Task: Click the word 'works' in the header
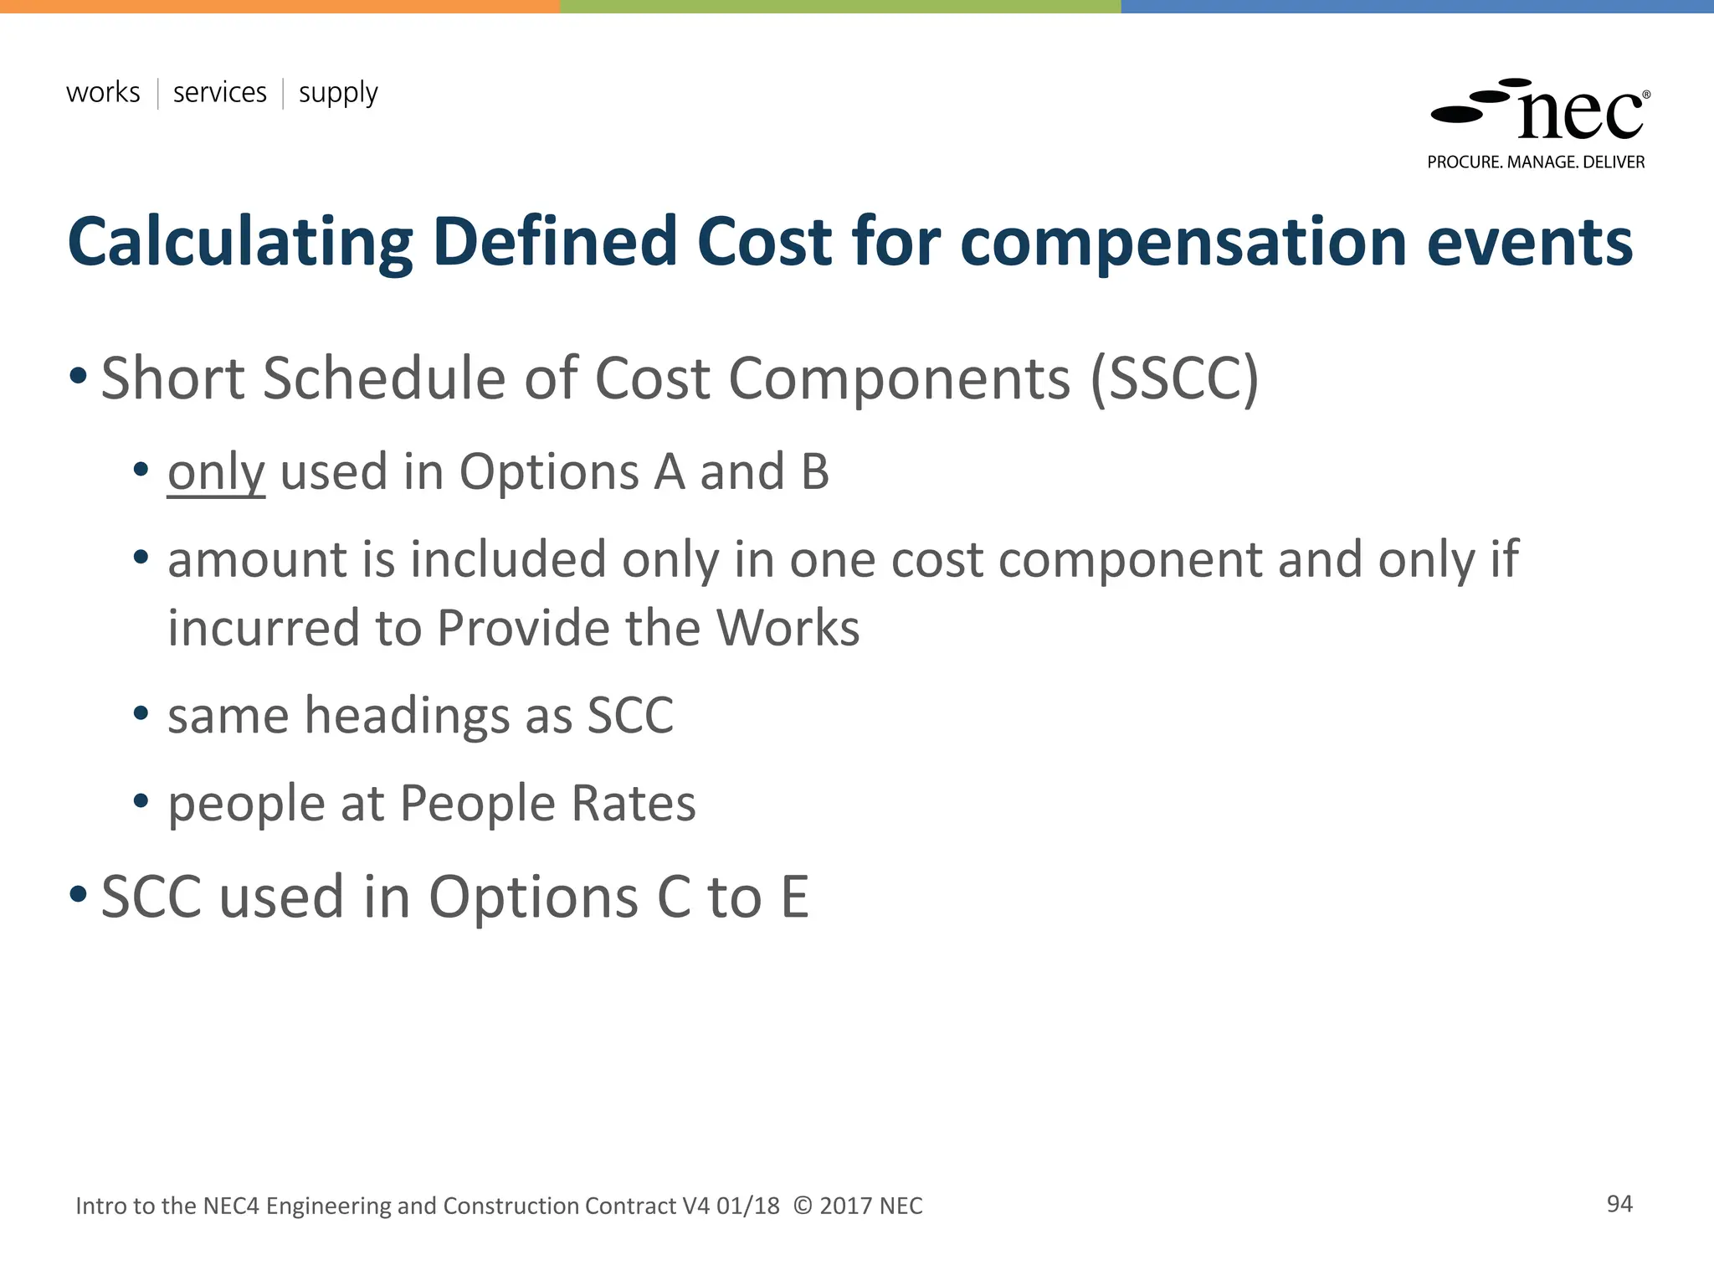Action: [103, 92]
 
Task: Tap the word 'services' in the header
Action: [219, 92]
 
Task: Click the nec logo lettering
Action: [1579, 116]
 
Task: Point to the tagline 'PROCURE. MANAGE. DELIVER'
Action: [1536, 162]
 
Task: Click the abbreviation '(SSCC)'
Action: [1174, 379]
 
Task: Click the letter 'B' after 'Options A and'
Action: [814, 471]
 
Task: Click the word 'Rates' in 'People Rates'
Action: [633, 804]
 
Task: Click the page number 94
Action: [1619, 1204]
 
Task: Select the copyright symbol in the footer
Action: [802, 1206]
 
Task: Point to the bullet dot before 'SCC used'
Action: [79, 894]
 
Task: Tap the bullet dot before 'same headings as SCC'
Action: [141, 713]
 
